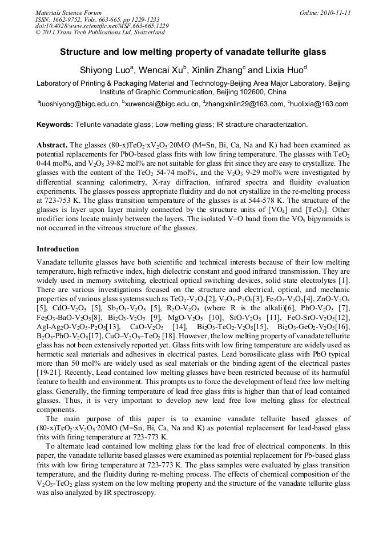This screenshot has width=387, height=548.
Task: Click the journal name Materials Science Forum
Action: (68, 13)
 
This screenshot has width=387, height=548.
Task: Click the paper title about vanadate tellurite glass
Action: (193, 52)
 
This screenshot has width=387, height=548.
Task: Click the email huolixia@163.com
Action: (321, 104)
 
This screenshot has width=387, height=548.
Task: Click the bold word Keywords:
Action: (55, 125)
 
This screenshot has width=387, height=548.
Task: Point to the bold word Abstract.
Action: (52, 145)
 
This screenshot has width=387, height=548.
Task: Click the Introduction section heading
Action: (58, 249)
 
